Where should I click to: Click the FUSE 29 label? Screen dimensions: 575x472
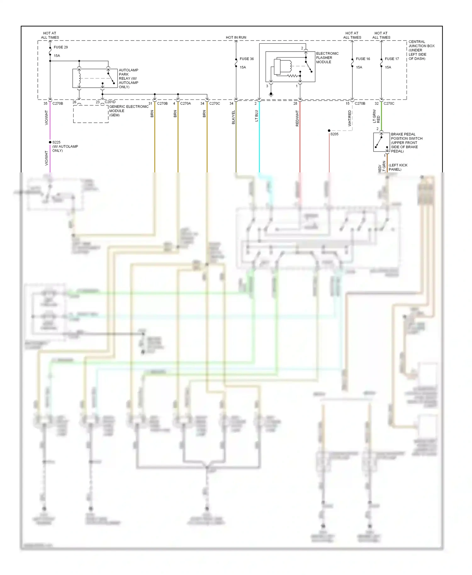coord(60,47)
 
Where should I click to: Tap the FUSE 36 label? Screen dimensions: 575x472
coord(246,59)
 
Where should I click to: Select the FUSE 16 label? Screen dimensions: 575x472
coord(363,59)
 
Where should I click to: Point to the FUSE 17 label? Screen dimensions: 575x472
coord(392,59)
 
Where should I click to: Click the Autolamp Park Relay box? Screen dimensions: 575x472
coord(95,78)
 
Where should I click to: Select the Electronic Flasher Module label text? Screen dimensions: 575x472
coord(327,58)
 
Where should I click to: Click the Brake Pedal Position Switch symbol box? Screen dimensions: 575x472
coord(381,142)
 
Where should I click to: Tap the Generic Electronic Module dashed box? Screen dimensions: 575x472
coord(91,114)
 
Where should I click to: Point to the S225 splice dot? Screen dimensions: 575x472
coord(50,142)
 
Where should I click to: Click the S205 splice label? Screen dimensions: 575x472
coord(334,134)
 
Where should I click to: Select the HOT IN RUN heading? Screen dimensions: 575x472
coord(236,37)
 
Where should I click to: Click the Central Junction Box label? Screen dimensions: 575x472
coord(421,50)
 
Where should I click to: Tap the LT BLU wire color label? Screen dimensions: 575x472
coord(256,116)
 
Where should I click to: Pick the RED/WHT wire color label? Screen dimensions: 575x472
coord(297,118)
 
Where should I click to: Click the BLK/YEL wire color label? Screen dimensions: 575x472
coord(233,117)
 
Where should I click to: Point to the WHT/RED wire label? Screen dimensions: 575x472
coord(350,118)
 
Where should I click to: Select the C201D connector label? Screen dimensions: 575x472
coord(110,102)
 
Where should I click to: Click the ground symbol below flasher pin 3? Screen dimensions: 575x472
coord(271,94)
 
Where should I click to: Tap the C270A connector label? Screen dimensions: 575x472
coord(185,103)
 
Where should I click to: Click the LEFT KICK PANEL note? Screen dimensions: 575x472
coord(398,167)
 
